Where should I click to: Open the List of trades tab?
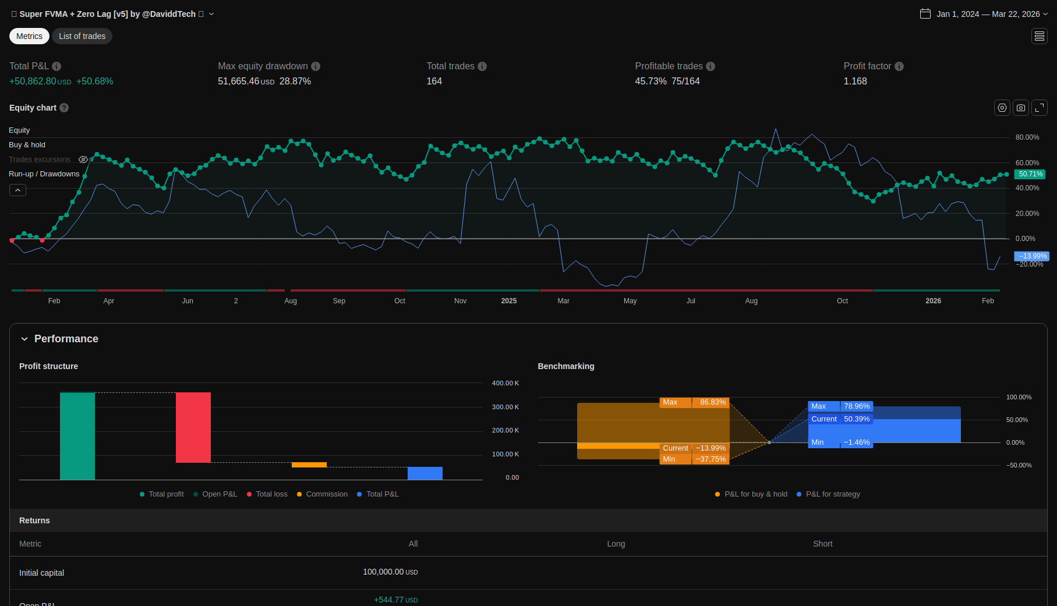[x=82, y=36]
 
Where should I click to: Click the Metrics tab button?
[x=29, y=36]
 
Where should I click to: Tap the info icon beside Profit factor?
[x=899, y=66]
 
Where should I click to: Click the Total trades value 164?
[x=434, y=81]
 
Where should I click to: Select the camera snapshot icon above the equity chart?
[x=1021, y=108]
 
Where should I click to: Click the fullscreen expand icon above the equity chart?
[x=1040, y=108]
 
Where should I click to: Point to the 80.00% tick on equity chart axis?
[x=1027, y=137]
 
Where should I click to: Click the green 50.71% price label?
[x=1030, y=174]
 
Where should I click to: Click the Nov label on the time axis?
[x=460, y=301]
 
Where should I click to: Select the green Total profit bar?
[x=77, y=436]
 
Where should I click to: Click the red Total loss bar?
[x=193, y=427]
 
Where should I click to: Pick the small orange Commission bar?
[x=309, y=465]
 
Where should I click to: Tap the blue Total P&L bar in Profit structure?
[x=425, y=473]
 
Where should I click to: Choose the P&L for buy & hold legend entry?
[x=751, y=494]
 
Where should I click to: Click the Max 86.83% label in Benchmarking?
[x=694, y=402]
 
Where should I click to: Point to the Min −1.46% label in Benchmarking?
[x=840, y=442]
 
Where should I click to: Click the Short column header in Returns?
[x=823, y=544]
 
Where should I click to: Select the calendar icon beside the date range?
[x=925, y=13]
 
